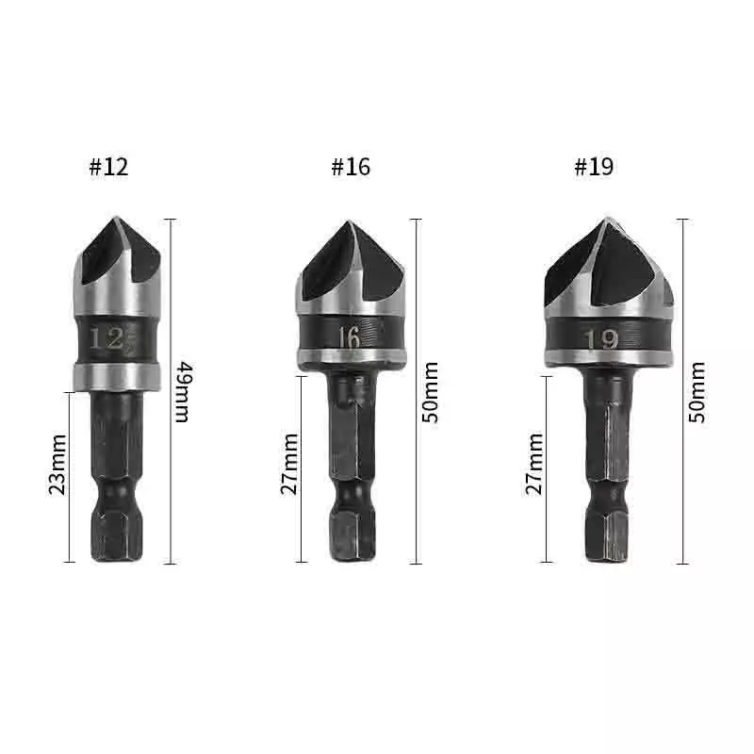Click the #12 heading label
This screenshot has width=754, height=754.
(108, 168)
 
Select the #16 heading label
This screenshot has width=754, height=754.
(351, 168)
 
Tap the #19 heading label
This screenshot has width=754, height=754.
(594, 168)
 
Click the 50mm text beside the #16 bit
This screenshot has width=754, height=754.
(430, 390)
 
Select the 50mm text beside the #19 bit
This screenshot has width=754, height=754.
(697, 390)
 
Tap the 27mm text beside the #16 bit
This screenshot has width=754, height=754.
(289, 464)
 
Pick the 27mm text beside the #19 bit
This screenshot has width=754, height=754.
(534, 464)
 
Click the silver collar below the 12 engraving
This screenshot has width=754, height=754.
(114, 374)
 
